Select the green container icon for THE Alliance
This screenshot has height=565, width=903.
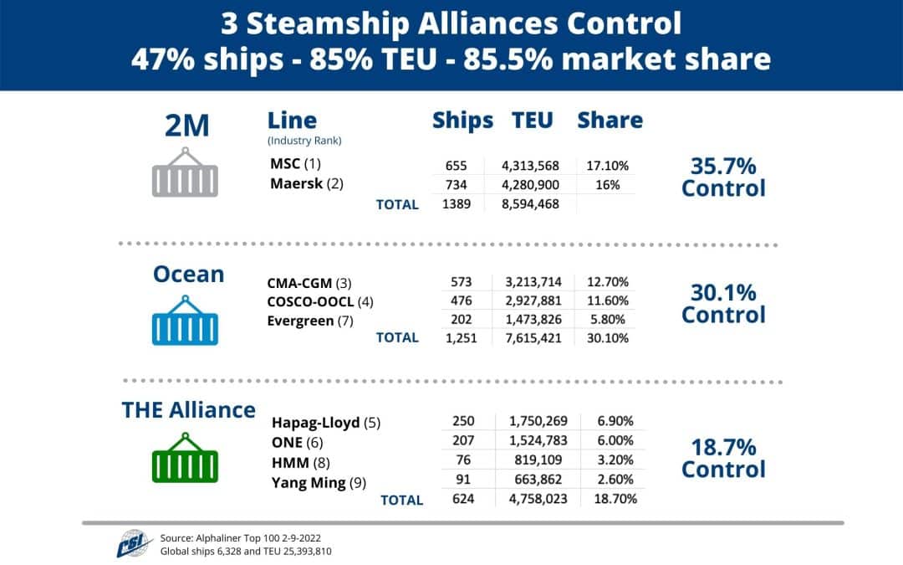point(185,458)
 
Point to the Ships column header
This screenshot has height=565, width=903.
point(462,120)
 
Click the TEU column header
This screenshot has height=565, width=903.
point(533,120)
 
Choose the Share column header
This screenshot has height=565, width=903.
point(610,120)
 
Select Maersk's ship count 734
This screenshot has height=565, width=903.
point(462,184)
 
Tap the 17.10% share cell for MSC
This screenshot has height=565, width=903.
point(607,165)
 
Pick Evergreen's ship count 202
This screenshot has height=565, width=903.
point(462,320)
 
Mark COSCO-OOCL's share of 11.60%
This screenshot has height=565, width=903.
point(607,300)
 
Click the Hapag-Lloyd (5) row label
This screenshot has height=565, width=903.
point(326,423)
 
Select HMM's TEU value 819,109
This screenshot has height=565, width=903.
point(537,460)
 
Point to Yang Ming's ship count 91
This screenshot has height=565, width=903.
point(462,480)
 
